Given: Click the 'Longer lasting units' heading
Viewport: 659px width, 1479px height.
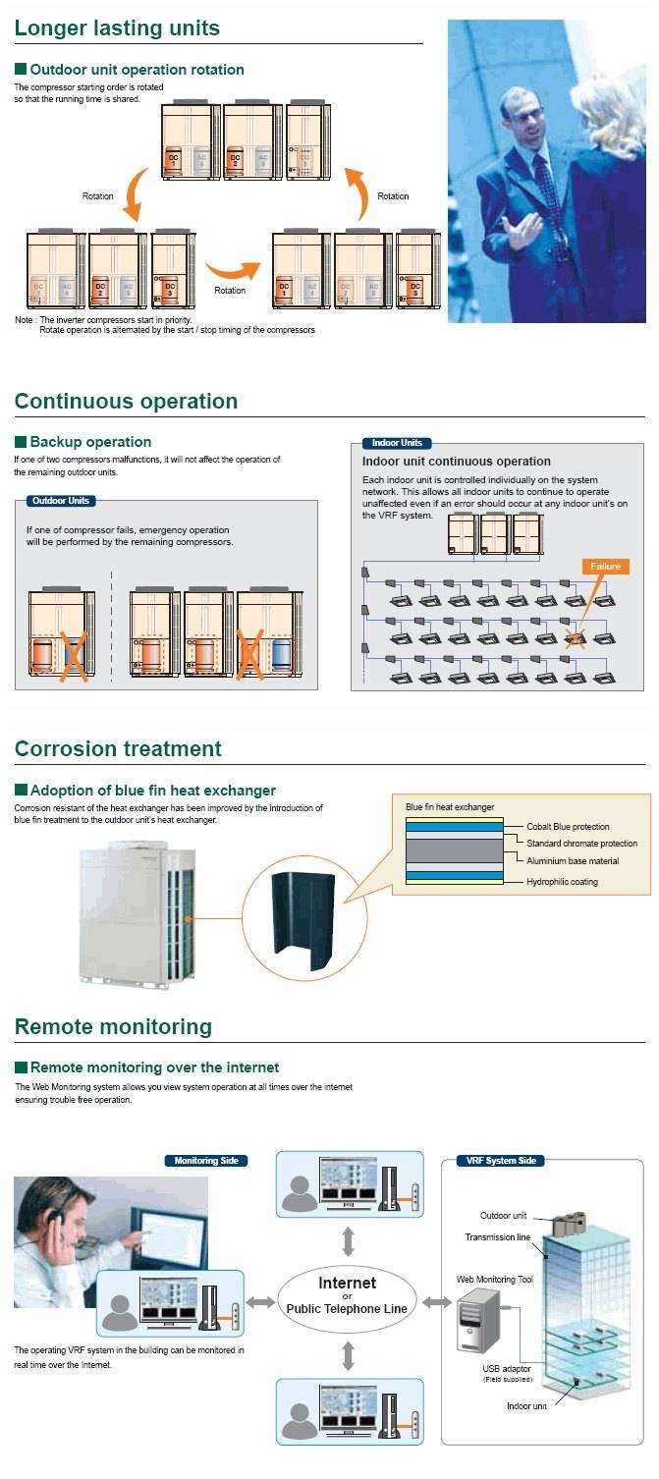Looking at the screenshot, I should [x=117, y=27].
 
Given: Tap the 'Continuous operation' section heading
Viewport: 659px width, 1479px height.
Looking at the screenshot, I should [x=126, y=401].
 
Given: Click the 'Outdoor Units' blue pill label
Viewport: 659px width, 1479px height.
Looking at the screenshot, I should [x=61, y=501].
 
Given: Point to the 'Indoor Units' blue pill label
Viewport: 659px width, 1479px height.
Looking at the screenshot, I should [x=397, y=443].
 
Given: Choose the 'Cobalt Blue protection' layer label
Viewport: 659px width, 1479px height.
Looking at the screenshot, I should [x=568, y=827].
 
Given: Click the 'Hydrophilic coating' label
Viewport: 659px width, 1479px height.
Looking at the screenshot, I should [x=562, y=882].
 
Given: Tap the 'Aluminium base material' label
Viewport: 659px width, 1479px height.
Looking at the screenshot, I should [x=573, y=861].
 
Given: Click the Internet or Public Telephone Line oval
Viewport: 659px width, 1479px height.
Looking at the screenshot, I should [x=347, y=1295].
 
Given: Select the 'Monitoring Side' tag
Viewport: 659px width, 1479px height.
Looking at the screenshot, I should [x=205, y=1161].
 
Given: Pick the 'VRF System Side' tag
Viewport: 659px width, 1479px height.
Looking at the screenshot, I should [x=501, y=1161].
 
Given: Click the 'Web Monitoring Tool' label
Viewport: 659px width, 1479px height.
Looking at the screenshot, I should [x=494, y=1280].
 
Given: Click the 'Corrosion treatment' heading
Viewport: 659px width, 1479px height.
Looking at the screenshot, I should [x=118, y=748].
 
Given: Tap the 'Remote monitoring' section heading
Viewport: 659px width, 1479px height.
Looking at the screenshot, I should [x=113, y=1026].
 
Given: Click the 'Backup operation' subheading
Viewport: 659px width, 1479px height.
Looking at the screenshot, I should [x=90, y=442].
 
